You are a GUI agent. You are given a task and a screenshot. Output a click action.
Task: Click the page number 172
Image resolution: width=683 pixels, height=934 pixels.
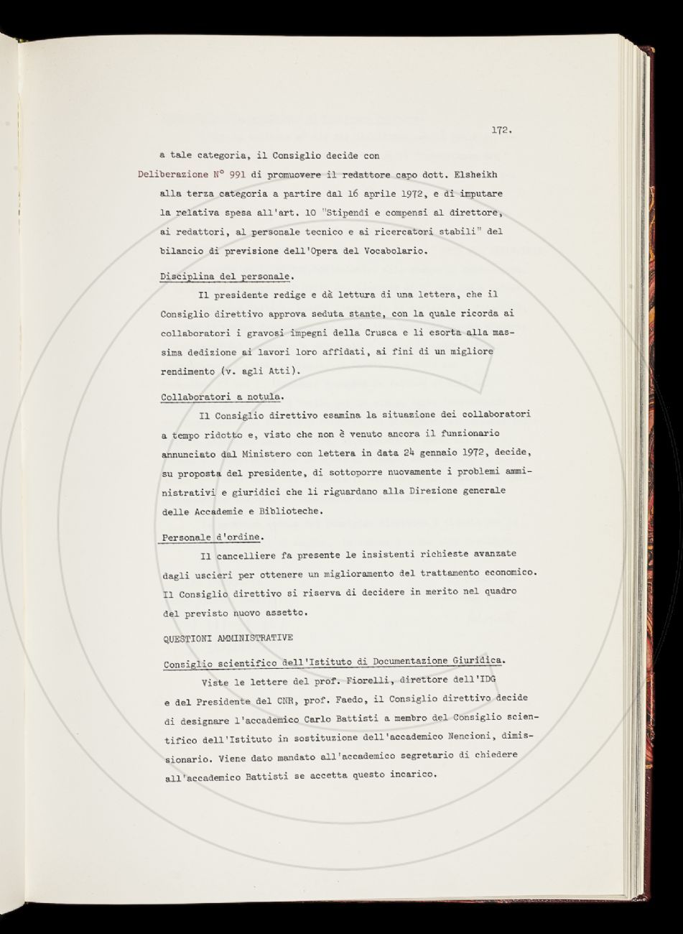pyautogui.click(x=501, y=130)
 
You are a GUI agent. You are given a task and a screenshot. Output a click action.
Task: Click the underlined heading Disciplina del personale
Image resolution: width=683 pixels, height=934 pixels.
pyautogui.click(x=226, y=276)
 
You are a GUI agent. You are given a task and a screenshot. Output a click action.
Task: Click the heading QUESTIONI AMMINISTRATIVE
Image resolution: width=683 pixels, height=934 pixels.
pyautogui.click(x=228, y=638)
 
